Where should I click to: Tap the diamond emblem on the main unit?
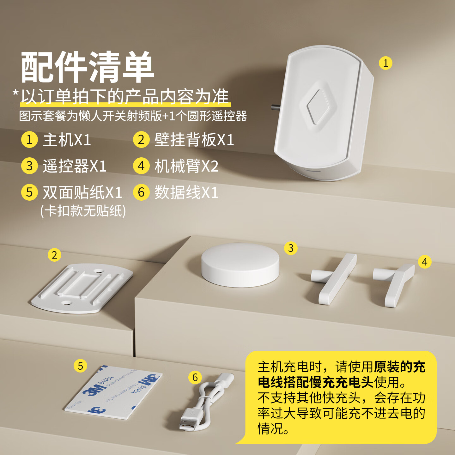(x=318, y=107)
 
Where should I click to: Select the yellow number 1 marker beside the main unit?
(x=385, y=63)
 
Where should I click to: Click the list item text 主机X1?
(x=67, y=140)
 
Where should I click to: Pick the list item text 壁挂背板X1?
(x=194, y=140)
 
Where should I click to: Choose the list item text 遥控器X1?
(x=75, y=166)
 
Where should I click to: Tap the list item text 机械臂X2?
(x=186, y=166)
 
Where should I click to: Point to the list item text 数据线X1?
(x=186, y=192)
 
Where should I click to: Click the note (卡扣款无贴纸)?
(x=83, y=211)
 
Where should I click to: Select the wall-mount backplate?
(x=82, y=288)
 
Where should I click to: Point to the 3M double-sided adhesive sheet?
(x=114, y=393)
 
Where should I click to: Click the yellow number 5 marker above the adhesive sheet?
(x=80, y=366)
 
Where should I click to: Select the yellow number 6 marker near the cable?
(x=195, y=377)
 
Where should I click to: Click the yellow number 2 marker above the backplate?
(x=54, y=255)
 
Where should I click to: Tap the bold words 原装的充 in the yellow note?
(x=399, y=367)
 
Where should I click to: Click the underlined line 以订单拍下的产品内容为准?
(x=125, y=97)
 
